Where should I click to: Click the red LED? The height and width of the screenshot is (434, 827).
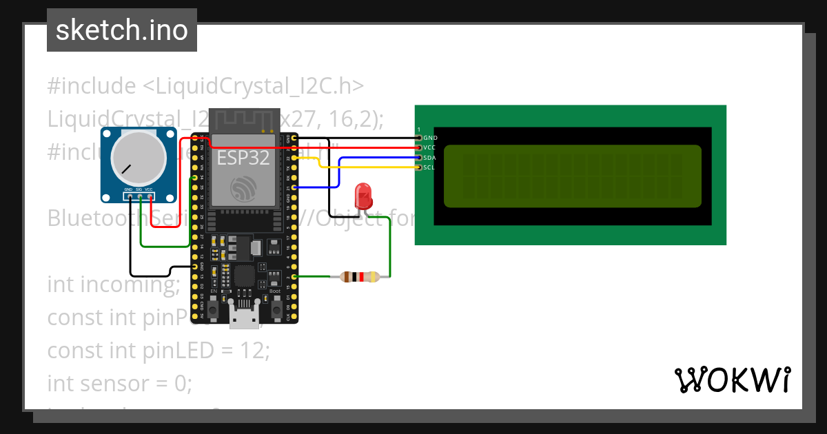pyautogui.click(x=363, y=196)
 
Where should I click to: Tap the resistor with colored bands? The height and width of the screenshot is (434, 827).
pyautogui.click(x=360, y=277)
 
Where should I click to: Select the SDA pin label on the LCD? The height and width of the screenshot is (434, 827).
pyautogui.click(x=429, y=158)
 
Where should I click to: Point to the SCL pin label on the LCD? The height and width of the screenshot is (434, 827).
pyautogui.click(x=429, y=167)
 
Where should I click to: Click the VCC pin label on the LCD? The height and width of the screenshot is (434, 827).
pyautogui.click(x=429, y=147)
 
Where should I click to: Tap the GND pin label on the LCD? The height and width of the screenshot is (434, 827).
pyautogui.click(x=429, y=138)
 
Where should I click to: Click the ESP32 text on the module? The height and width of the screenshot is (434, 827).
pyautogui.click(x=243, y=158)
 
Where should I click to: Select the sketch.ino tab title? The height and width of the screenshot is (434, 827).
pyautogui.click(x=122, y=30)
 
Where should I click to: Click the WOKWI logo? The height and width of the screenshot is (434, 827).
pyautogui.click(x=731, y=380)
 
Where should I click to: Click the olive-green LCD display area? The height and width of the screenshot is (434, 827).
pyautogui.click(x=572, y=176)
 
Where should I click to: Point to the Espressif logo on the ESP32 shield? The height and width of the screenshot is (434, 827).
pyautogui.click(x=243, y=188)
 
